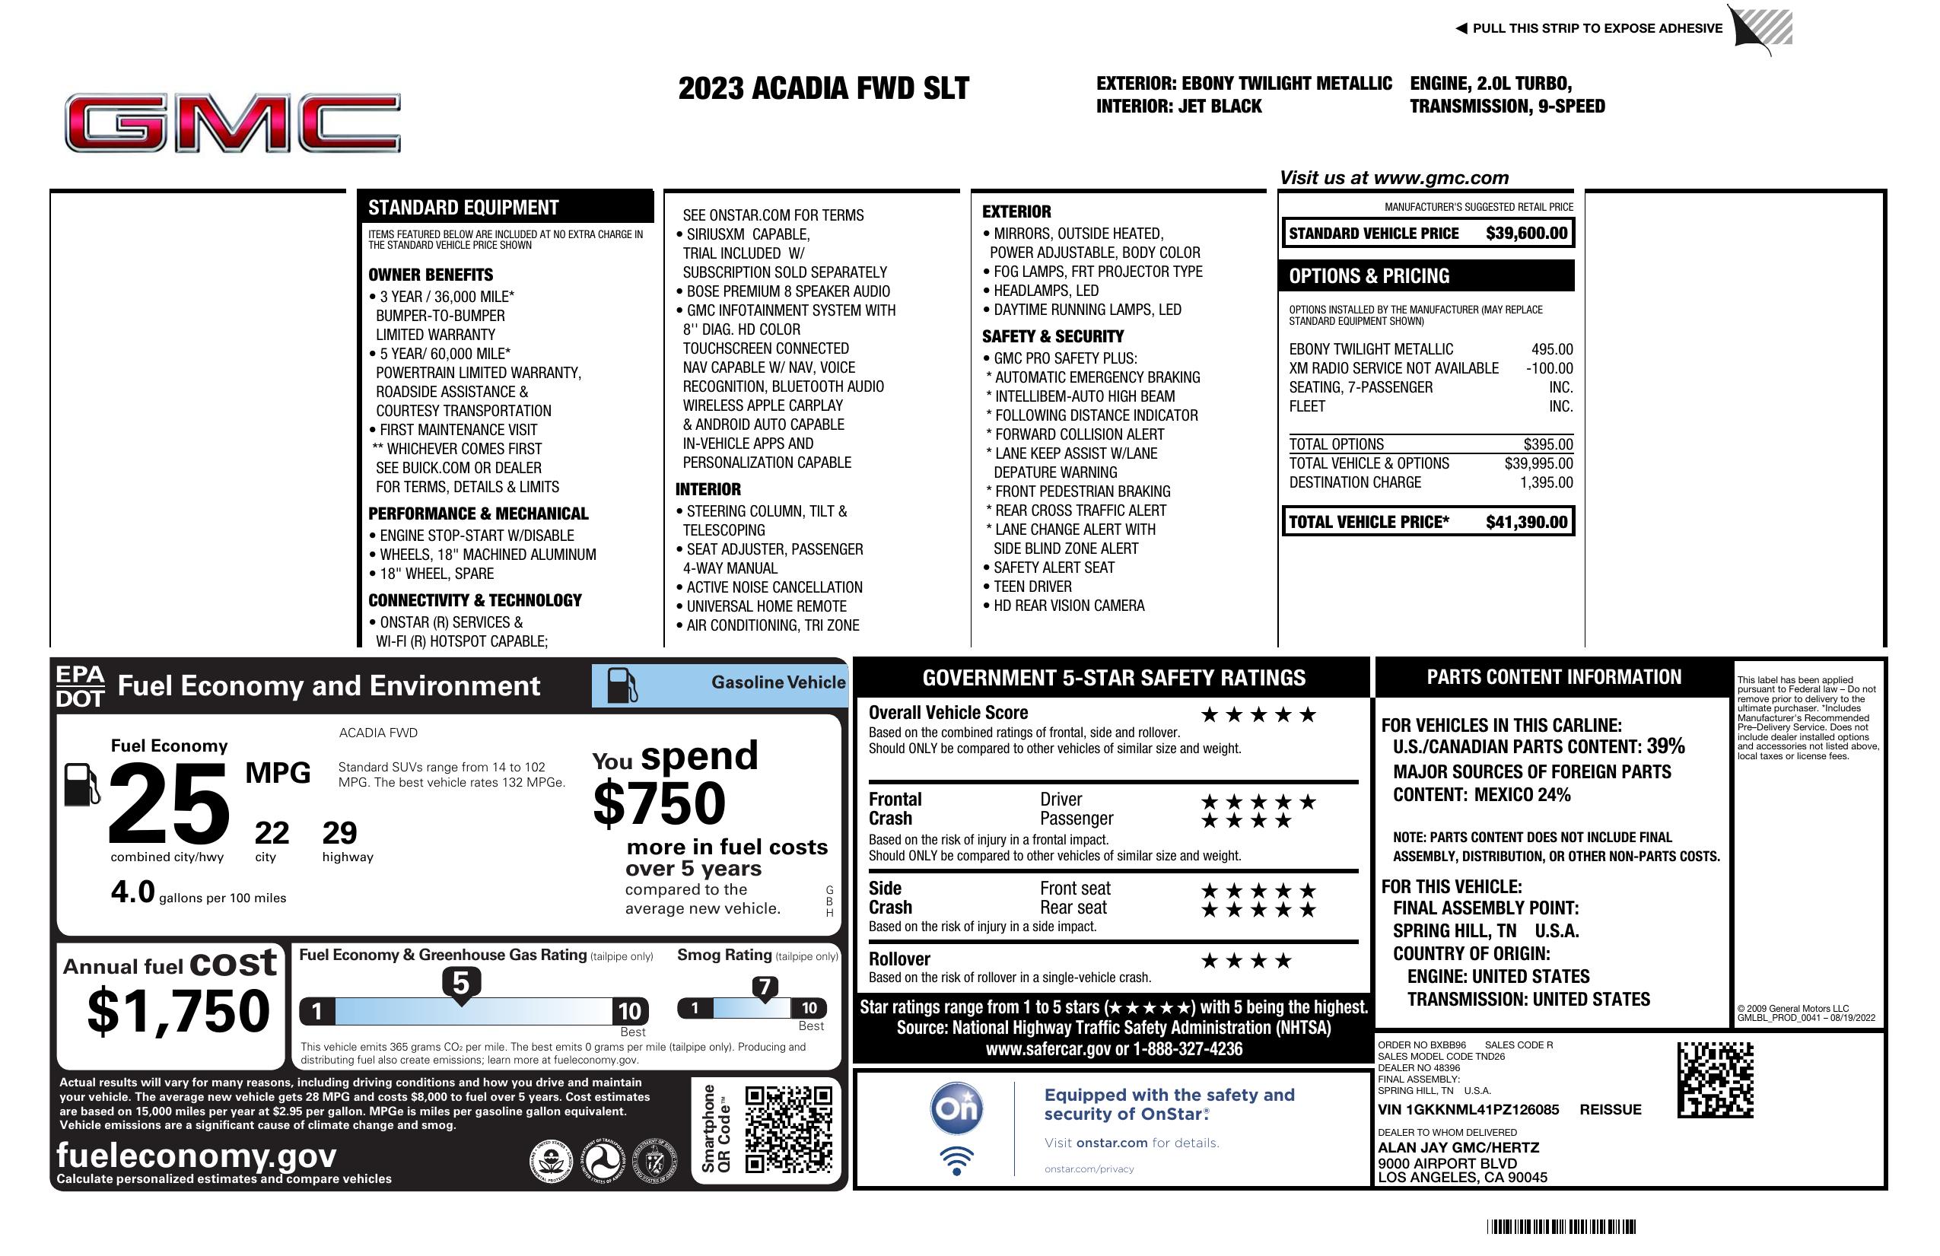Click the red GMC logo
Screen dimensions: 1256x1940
click(233, 123)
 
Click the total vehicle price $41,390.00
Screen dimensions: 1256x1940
click(1526, 523)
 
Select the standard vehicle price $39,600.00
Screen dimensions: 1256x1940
click(1526, 234)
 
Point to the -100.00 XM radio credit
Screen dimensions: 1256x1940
click(1549, 368)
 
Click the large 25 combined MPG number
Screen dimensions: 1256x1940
click(169, 804)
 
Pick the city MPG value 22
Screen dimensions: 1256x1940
click(272, 833)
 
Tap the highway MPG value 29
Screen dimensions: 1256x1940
click(339, 833)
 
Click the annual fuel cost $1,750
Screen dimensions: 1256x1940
click(179, 1011)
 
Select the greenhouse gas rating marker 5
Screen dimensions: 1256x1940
click(460, 984)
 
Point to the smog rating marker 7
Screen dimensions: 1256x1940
click(765, 988)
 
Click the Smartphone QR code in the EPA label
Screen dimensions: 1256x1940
click(788, 1129)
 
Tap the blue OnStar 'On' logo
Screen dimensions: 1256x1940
click(957, 1108)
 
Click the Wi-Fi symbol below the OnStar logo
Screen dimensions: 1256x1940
click(957, 1160)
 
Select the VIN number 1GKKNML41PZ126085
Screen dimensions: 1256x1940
click(1468, 1110)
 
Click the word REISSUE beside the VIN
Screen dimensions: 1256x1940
click(1610, 1110)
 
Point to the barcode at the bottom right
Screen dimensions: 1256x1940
click(1561, 1226)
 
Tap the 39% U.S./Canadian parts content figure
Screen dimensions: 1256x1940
click(1665, 746)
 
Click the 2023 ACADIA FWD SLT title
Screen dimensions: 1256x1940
click(823, 89)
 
